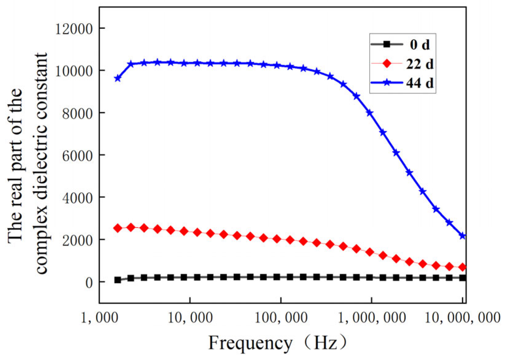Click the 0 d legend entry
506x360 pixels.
[419, 45]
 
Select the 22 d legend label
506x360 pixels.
[420, 64]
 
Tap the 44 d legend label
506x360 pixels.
[420, 83]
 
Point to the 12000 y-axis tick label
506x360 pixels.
[74, 29]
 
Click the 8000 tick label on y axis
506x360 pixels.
[77, 114]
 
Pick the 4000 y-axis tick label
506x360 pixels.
[77, 198]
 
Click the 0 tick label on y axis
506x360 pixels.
[89, 283]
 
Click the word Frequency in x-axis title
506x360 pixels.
[250, 343]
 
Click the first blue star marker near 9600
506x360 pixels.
[118, 79]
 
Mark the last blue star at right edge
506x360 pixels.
[463, 236]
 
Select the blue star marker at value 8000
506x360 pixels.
[370, 113]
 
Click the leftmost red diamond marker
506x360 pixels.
[118, 228]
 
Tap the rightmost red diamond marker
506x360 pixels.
[463, 268]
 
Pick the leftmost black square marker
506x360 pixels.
[118, 280]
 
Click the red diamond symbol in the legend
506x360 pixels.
[387, 64]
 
